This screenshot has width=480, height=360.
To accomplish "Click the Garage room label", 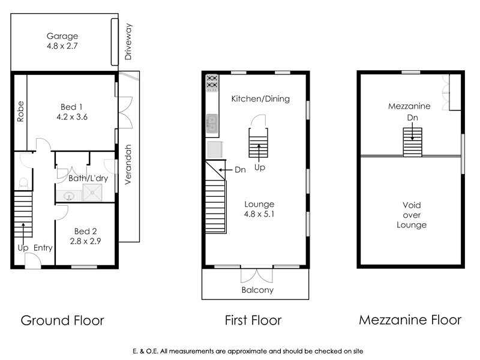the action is [62, 36].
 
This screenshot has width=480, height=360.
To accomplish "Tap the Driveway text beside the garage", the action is [128, 41].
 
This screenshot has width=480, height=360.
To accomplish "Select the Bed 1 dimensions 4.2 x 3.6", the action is [72, 117].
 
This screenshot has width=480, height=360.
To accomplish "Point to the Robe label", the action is [20, 112].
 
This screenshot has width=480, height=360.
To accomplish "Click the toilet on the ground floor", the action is [23, 184].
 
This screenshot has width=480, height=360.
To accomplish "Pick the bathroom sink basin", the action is [68, 196].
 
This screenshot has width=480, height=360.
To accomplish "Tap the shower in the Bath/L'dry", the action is [92, 193].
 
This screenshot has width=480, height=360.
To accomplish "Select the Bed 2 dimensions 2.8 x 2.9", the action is [85, 241].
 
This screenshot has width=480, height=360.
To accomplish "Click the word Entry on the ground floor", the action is [43, 248].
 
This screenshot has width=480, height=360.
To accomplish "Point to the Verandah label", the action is [128, 164].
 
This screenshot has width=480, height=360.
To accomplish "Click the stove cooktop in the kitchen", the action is [212, 83].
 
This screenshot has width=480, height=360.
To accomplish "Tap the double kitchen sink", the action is [212, 124].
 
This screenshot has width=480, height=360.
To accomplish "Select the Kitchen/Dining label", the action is [260, 99].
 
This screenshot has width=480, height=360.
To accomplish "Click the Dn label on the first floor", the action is [241, 170].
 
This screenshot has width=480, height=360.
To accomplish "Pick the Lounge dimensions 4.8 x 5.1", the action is [259, 214].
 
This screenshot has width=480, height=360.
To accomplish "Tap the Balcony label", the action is [257, 290].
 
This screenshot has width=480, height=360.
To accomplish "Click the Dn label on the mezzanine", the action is [412, 118].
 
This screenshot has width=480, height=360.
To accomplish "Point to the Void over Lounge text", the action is [412, 215].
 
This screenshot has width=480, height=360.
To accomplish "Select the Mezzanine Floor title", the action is [410, 320].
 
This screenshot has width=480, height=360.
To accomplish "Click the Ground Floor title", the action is [62, 320].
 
